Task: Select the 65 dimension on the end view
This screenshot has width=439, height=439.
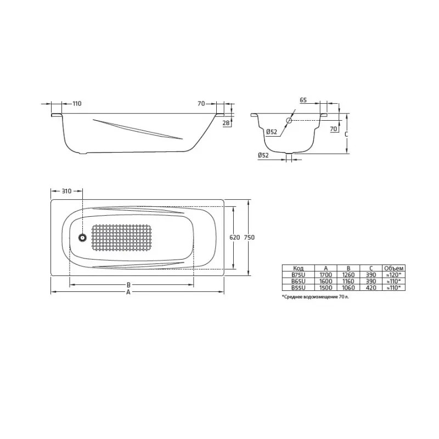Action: click(x=303, y=100)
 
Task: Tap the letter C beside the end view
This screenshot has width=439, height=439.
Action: click(x=346, y=133)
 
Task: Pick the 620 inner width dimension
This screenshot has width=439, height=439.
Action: click(x=234, y=238)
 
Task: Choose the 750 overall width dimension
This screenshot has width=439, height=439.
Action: click(x=250, y=238)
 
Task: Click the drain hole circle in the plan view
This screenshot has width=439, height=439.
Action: click(x=82, y=238)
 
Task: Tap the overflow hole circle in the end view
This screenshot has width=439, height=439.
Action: click(x=289, y=120)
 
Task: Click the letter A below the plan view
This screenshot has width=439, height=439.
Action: click(x=128, y=293)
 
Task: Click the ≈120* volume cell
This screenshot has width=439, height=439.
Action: click(x=393, y=274)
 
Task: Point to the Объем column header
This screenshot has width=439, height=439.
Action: click(x=393, y=268)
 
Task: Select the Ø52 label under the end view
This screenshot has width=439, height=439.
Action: click(x=263, y=155)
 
